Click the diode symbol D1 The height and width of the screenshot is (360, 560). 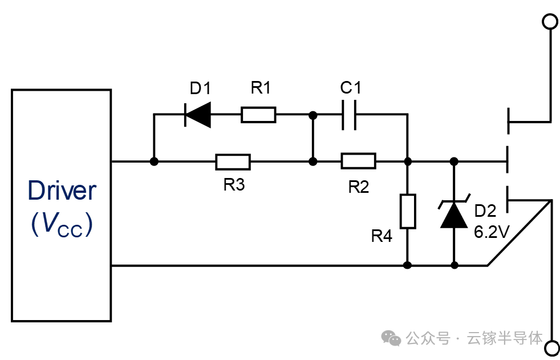coord(197,115)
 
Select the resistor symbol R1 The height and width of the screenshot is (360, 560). coord(258,115)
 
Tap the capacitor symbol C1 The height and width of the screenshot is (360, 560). coord(349,115)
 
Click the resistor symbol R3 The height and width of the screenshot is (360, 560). coord(233,162)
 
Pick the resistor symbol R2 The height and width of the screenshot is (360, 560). coord(358,162)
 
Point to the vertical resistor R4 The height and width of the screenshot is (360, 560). coord(407,211)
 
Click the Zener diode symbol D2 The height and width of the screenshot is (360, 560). coord(455,213)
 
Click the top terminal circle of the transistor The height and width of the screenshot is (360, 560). coord(550,22)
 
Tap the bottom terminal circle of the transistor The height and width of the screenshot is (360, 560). coord(551,347)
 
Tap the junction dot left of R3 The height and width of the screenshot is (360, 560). coord(153,162)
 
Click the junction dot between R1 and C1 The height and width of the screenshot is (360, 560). coord(313,115)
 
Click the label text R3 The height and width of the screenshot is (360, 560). coord(234,186)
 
